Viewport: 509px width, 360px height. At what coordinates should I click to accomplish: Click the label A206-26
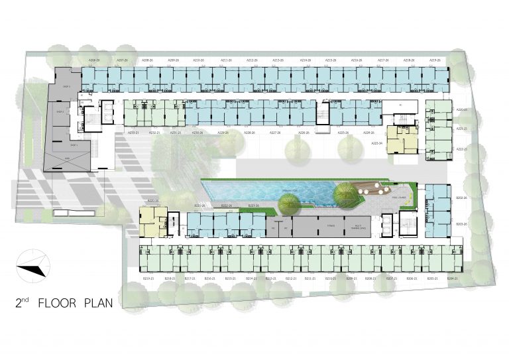click(x=93, y=60)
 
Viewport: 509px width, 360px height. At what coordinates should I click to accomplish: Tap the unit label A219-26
click(x=435, y=60)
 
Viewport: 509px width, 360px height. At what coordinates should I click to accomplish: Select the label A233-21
click(x=133, y=133)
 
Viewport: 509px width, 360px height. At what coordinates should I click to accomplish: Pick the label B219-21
click(x=150, y=279)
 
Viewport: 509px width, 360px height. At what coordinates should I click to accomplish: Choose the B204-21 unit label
click(x=452, y=279)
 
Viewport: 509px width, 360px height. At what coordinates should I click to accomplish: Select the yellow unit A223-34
click(x=402, y=140)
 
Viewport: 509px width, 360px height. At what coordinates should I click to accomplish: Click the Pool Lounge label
click(x=399, y=197)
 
